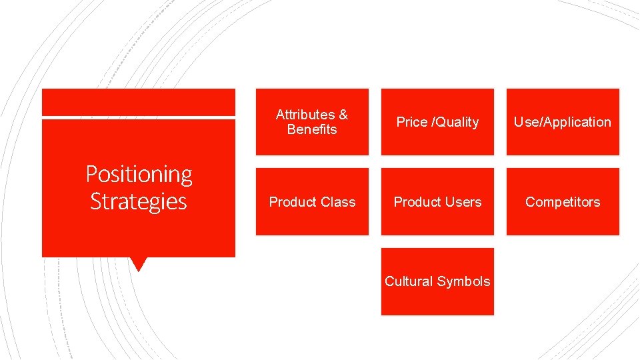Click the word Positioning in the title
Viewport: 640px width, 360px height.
pos(139,175)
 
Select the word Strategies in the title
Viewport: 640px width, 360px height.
pos(139,201)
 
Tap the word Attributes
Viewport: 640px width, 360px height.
pos(305,115)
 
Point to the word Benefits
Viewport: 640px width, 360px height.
pos(312,129)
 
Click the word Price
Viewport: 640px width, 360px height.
pos(411,122)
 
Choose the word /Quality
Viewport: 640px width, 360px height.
pos(455,122)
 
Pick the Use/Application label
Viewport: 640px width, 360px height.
pos(563,122)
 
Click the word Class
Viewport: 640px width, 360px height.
pos(337,202)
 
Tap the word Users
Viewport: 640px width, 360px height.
pos(463,202)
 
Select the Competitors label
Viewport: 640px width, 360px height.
pos(563,202)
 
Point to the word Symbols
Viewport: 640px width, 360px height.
pos(463,281)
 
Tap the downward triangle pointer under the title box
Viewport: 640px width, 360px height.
pos(139,263)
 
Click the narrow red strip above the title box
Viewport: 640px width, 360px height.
pos(139,102)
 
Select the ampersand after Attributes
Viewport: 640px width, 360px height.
pos(343,115)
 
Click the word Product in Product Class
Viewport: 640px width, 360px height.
pos(293,202)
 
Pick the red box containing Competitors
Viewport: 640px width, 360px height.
pos(563,220)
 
